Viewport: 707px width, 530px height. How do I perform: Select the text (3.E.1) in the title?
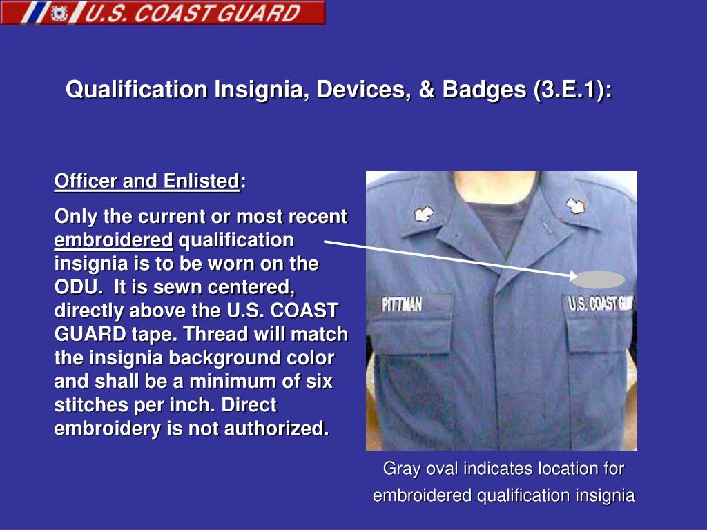coord(570,90)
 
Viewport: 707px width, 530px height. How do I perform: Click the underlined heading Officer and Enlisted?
coord(146,181)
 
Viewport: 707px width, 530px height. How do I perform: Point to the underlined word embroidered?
coord(114,240)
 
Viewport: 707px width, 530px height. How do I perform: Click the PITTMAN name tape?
coord(402,304)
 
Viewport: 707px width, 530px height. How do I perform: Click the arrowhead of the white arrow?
coord(572,276)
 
